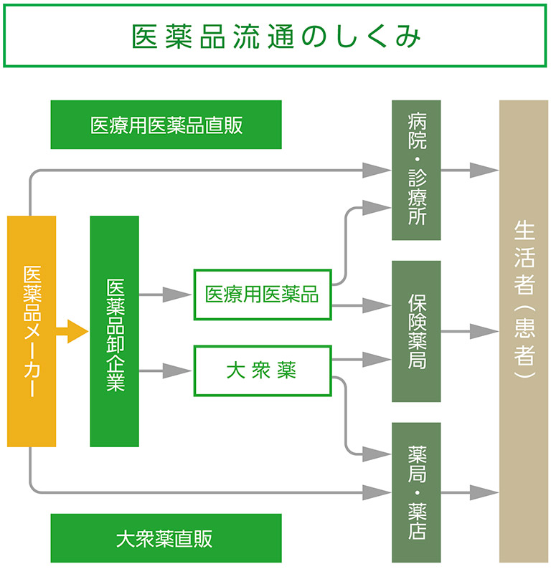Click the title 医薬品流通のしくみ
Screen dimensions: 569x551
(x=275, y=37)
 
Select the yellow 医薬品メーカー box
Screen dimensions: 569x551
(x=32, y=331)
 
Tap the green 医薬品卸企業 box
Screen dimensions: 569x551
(x=114, y=331)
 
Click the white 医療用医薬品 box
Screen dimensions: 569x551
(x=262, y=295)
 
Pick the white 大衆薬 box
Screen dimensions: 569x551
(x=262, y=370)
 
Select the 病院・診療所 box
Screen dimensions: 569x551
(x=416, y=170)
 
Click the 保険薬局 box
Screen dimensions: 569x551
(x=416, y=330)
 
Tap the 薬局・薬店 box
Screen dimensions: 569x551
(x=416, y=492)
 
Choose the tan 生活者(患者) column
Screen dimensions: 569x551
(x=523, y=331)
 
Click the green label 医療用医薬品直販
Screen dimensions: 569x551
(x=166, y=125)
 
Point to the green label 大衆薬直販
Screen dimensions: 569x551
(x=166, y=538)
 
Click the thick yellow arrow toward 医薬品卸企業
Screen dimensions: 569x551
(x=73, y=332)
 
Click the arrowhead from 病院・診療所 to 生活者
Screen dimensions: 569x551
(x=484, y=171)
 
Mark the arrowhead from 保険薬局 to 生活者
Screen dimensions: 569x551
(x=484, y=331)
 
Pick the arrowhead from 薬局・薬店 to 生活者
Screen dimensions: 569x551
(x=484, y=493)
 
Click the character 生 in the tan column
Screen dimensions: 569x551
(x=524, y=231)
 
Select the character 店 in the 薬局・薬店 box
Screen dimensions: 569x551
(x=416, y=530)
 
